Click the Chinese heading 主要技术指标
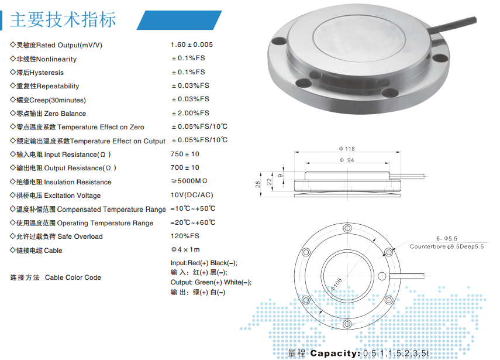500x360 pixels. [63, 20]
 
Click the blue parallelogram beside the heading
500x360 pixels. [179, 20]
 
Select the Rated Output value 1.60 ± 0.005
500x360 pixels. [192, 44]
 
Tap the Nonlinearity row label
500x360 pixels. [43, 59]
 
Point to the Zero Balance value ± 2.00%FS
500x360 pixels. [191, 113]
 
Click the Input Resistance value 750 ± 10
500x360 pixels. [185, 154]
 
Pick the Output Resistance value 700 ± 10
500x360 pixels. [185, 167]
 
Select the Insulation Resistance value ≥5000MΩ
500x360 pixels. [189, 181]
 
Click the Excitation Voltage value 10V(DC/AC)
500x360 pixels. [192, 195]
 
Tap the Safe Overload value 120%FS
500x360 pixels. [185, 236]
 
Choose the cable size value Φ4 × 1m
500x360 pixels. [185, 249]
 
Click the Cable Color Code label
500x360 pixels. [73, 277]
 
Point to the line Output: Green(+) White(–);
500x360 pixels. [211, 283]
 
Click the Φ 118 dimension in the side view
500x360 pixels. [347, 149]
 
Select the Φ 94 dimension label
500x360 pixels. [347, 160]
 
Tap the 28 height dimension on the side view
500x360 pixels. [257, 184]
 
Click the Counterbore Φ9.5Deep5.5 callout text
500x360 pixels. [447, 246]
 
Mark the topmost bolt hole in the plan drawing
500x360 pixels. [347, 228]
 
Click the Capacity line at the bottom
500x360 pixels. [358, 353]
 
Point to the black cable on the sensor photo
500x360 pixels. [453, 25]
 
